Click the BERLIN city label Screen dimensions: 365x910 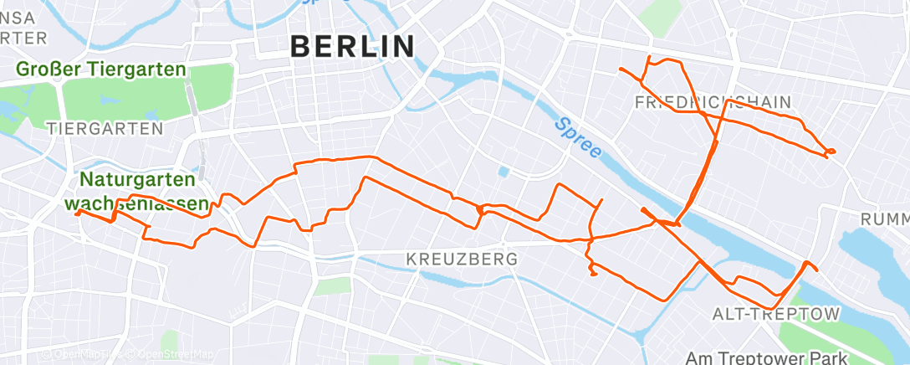pyautogui.click(x=352, y=47)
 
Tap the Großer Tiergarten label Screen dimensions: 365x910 pyautogui.click(x=100, y=69)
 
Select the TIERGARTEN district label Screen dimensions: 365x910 pyautogui.click(x=105, y=128)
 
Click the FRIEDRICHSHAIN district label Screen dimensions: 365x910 pyautogui.click(x=713, y=102)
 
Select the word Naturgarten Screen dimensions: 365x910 pyautogui.click(x=138, y=179)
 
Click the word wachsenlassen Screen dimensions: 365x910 pyautogui.click(x=137, y=203)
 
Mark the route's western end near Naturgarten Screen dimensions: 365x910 pyautogui.click(x=77, y=213)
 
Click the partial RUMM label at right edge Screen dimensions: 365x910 pyautogui.click(x=885, y=218)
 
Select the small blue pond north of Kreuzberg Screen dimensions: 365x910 pyautogui.click(x=504, y=173)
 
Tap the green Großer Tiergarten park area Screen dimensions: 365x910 pyautogui.click(x=125, y=96)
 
